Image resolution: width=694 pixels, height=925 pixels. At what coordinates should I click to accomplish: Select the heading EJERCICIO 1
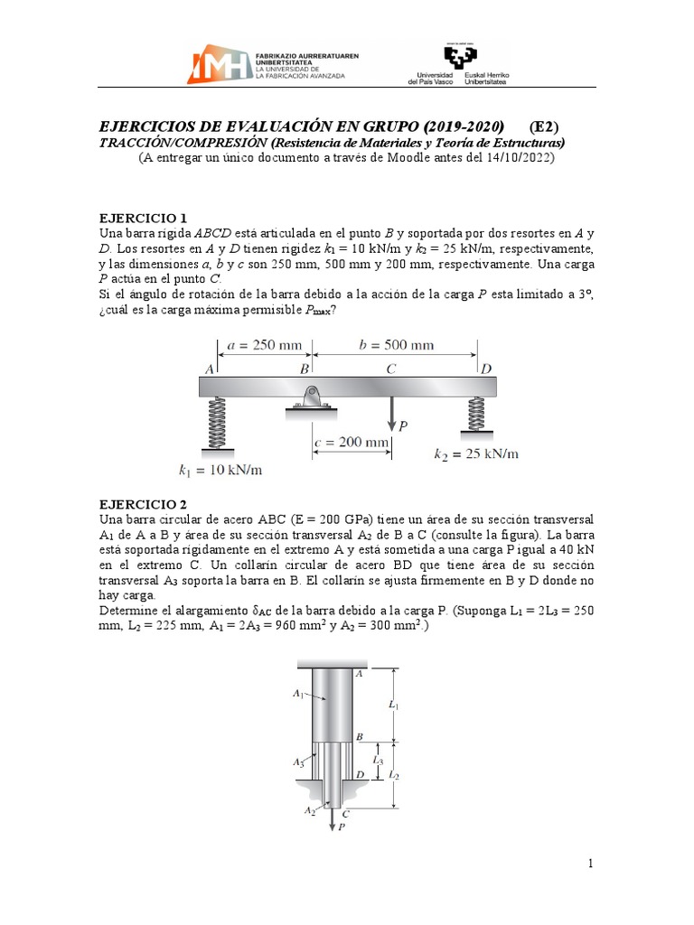142,218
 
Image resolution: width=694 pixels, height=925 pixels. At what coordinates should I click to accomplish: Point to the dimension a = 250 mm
265,345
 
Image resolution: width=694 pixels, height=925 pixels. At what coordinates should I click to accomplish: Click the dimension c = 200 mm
352,443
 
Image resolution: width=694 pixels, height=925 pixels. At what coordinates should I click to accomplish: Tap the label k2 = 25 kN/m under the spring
477,453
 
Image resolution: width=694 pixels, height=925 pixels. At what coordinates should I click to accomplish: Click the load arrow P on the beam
390,415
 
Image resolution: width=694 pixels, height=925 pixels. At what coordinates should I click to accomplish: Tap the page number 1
590,864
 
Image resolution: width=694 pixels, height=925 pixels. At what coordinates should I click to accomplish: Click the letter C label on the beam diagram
390,369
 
